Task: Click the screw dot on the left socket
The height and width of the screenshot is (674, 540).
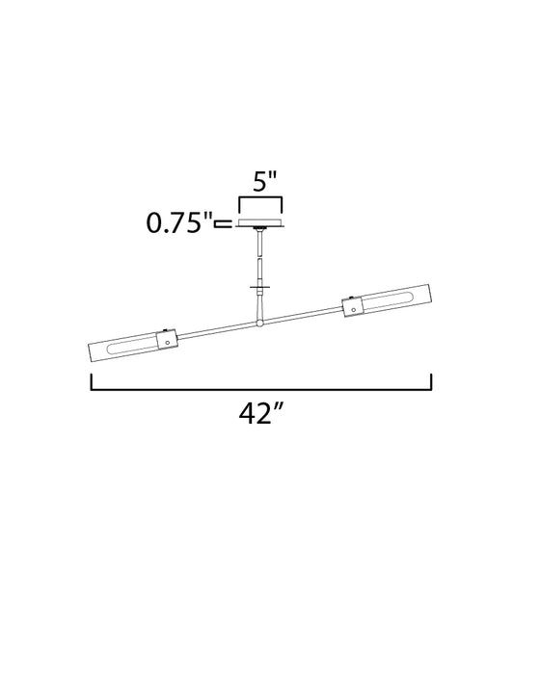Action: [x=168, y=340]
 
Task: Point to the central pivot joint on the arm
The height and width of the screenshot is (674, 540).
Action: [x=259, y=321]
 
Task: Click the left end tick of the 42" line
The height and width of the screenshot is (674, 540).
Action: [x=92, y=383]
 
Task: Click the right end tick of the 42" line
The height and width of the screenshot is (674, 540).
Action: [x=431, y=383]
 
